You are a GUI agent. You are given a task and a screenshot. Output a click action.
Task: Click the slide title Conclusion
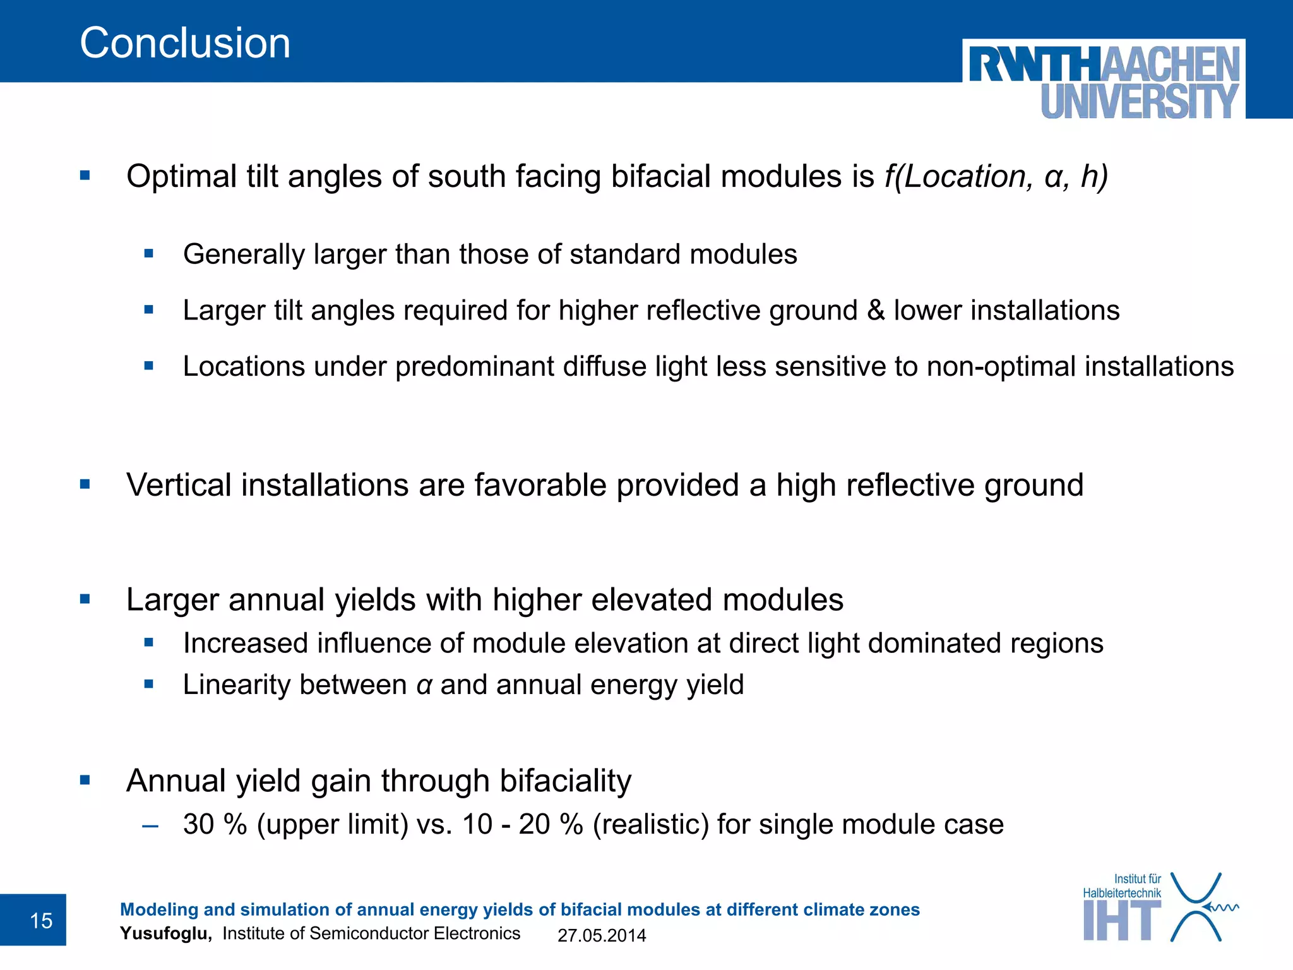point(185,44)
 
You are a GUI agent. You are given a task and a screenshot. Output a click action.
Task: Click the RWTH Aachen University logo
point(1104,80)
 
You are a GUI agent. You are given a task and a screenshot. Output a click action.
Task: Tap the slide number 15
point(41,921)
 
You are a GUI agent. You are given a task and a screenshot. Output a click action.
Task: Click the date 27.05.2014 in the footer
point(602,935)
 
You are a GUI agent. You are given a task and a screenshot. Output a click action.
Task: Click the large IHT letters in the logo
point(1121,921)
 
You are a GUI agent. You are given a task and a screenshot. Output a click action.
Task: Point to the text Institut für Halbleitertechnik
point(1122,886)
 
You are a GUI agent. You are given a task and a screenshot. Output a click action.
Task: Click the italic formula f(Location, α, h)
point(996,176)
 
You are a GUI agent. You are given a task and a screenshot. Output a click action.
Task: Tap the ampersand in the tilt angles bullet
point(876,311)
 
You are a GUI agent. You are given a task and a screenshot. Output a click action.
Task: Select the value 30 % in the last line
point(215,824)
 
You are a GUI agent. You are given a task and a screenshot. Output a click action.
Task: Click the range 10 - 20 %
point(522,824)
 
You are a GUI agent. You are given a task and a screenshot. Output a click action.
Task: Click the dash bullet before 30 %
point(150,825)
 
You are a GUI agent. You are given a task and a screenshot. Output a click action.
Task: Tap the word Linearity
point(231,685)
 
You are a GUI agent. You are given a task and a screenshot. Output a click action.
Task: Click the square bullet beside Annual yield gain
point(85,781)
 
